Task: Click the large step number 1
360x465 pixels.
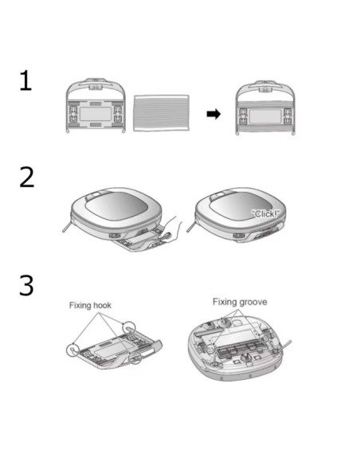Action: coord(25,80)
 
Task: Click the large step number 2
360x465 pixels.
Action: coord(27,177)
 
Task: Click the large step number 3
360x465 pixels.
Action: coord(27,285)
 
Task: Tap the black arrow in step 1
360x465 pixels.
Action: coord(213,114)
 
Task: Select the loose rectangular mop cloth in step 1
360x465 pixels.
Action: coord(161,113)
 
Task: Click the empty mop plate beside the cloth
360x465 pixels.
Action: coord(96,105)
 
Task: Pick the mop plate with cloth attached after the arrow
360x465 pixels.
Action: coord(265,107)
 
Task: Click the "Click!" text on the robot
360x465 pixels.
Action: coord(265,213)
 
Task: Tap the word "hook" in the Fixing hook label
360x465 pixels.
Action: coord(102,306)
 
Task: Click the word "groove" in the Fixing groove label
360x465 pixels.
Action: coord(253,303)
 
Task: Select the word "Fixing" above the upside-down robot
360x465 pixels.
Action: coord(225,302)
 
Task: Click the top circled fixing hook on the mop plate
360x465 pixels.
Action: coord(129,327)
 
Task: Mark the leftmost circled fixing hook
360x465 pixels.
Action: coord(72,350)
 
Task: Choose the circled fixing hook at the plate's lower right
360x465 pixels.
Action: coord(135,358)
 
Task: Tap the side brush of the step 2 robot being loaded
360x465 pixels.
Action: coord(68,226)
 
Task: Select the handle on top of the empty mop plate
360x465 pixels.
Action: coord(96,84)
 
